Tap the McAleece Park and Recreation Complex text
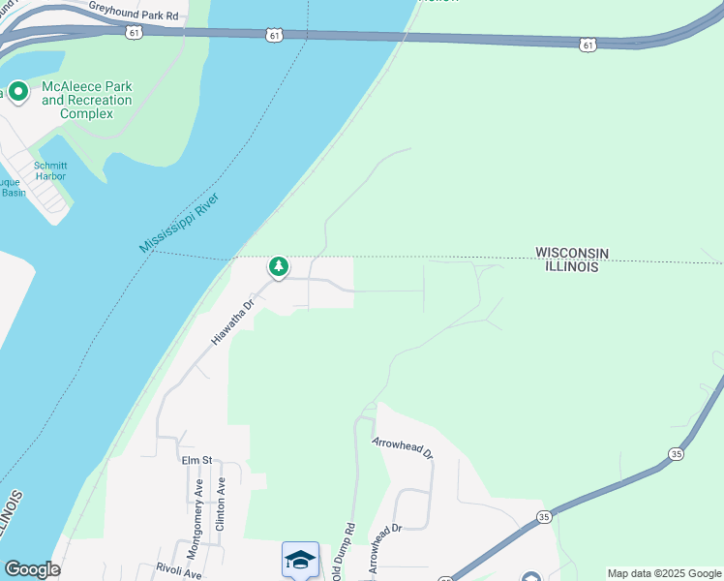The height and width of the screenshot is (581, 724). pos(87,100)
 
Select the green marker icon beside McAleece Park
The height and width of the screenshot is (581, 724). pos(17,92)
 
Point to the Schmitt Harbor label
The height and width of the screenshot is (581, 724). pos(50,170)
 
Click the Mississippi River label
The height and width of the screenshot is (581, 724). pos(180,224)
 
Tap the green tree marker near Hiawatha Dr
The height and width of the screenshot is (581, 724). pos(279,266)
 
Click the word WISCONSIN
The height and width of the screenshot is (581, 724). pos(572,253)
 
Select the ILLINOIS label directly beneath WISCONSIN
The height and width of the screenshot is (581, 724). pos(571,267)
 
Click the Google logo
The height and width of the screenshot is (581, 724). pos(32,569)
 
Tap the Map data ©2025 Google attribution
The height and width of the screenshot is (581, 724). pos(664,573)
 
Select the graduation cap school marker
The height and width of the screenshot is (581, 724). pos(300,559)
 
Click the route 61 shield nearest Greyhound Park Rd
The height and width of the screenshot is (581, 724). pos(133,32)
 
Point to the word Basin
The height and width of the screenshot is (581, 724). pos(13,193)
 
